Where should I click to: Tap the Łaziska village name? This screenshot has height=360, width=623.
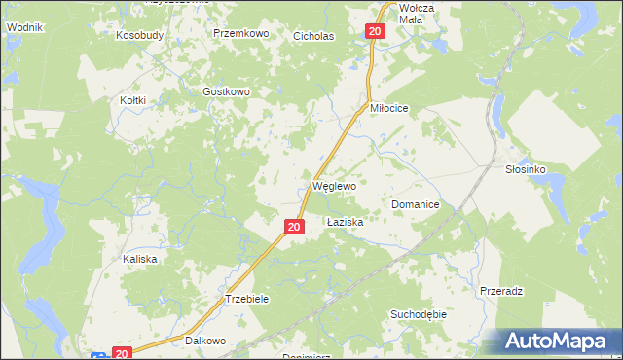[345, 222]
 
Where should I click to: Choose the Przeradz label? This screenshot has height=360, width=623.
[502, 291]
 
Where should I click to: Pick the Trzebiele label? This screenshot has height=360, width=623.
[246, 299]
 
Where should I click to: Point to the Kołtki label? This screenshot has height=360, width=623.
[132, 100]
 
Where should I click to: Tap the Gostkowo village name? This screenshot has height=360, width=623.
[227, 91]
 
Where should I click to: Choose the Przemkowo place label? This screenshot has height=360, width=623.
[240, 33]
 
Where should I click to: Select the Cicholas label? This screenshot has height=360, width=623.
[313, 36]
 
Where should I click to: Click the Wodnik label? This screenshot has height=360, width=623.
[24, 27]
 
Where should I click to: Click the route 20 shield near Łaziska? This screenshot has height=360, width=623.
[294, 227]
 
